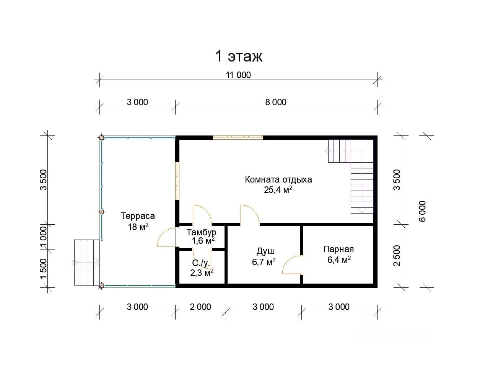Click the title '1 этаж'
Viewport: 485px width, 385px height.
239,56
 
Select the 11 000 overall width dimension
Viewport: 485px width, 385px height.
238,75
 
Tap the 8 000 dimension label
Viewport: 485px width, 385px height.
276,102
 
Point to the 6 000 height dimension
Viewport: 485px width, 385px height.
423,211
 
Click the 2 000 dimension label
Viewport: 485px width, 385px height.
200,307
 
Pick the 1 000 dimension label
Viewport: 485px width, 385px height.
44,237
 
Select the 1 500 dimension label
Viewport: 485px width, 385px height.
44,269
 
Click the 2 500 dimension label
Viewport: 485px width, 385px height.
397,256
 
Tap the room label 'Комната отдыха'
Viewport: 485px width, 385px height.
278,179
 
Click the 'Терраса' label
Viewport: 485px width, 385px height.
138,216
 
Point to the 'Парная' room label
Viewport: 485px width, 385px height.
339,250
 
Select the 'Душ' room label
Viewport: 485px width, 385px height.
265,251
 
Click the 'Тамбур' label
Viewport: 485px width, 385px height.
201,232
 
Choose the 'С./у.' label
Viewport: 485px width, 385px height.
201,263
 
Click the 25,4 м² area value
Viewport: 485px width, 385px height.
278,190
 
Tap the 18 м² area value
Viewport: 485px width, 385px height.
138,227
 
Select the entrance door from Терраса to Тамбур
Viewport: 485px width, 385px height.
167,237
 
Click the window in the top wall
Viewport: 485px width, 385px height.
238,137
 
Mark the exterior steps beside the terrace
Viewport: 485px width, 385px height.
87,263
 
